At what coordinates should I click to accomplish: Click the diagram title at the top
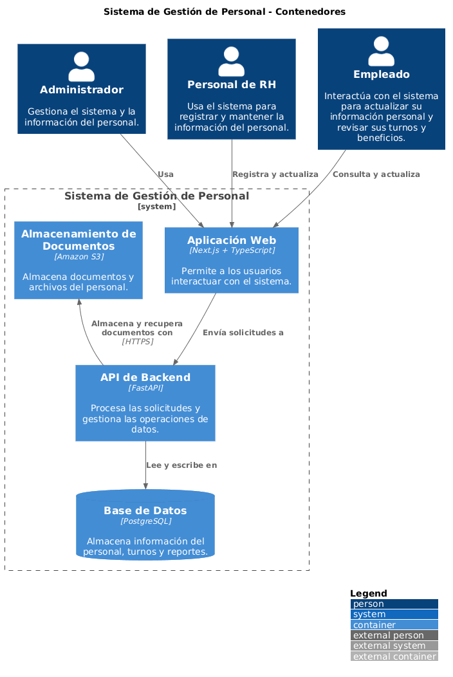224,12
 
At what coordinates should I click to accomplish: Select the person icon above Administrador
81,66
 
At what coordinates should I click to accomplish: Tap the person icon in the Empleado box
381,51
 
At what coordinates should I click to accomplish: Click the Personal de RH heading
231,85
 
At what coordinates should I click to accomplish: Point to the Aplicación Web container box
231,260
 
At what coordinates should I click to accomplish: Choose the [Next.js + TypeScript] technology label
231,250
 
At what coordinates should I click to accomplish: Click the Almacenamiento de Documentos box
79,260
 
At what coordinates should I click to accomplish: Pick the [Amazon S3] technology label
79,257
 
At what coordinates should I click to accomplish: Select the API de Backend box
145,403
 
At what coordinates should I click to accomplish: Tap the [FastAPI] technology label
145,388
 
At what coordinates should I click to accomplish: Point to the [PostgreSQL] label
145,521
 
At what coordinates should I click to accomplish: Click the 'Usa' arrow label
165,174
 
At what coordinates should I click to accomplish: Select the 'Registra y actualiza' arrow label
275,174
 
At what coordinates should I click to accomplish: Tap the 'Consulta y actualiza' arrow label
376,174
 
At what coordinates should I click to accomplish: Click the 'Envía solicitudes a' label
243,333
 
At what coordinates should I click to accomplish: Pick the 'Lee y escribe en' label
181,465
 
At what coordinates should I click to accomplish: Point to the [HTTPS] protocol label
137,342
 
